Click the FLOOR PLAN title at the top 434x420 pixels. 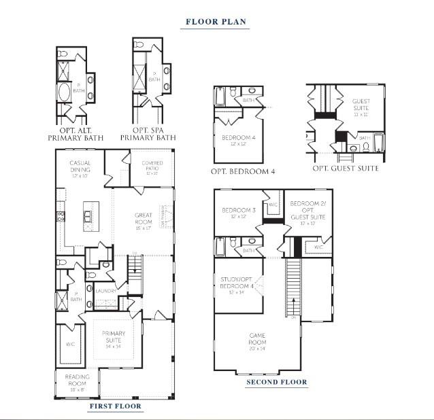tap(216, 22)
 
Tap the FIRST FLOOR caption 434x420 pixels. tap(115, 406)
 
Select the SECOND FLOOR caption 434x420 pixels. tap(276, 382)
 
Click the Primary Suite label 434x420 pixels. tap(114, 337)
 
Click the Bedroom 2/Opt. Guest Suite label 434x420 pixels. tap(307, 213)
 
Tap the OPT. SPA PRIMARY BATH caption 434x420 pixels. tap(148, 133)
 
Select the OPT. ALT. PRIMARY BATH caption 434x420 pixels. tap(73, 133)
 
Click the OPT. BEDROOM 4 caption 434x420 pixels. tap(243, 171)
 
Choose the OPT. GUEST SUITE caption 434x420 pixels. tap(346, 169)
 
